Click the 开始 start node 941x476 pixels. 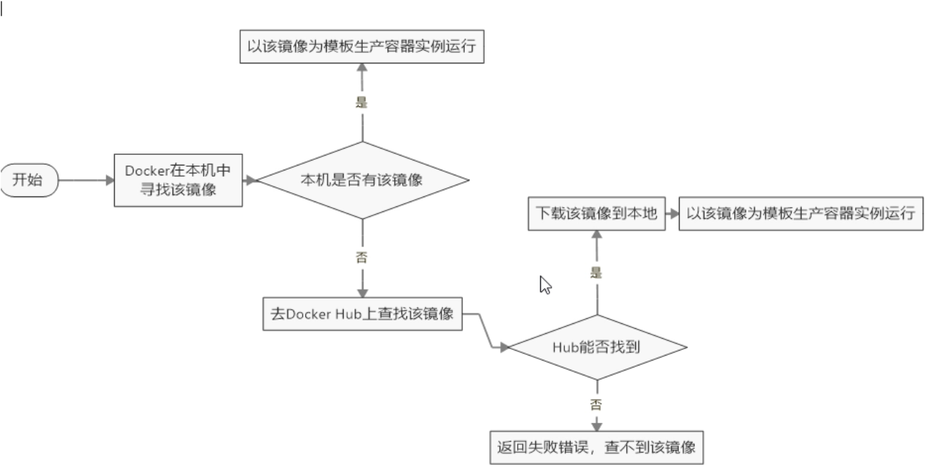click(27, 180)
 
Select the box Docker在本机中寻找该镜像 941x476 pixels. click(178, 180)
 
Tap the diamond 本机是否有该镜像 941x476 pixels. click(362, 180)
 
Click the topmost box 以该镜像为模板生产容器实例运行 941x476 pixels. click(362, 46)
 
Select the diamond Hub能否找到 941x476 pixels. click(597, 347)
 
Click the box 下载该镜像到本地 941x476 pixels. click(596, 213)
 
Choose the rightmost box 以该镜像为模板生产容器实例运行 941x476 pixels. click(800, 213)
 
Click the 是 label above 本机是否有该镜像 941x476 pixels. click(362, 101)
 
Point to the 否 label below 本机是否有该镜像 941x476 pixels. click(362, 257)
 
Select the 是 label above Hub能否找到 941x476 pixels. click(597, 273)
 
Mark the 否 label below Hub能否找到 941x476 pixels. click(597, 404)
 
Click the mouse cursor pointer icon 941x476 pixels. click(544, 284)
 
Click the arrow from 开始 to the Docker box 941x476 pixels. click(85, 180)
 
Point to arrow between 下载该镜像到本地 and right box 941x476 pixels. click(671, 213)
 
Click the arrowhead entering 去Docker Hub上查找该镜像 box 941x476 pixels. click(362, 293)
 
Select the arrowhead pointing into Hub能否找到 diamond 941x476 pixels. click(504, 347)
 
